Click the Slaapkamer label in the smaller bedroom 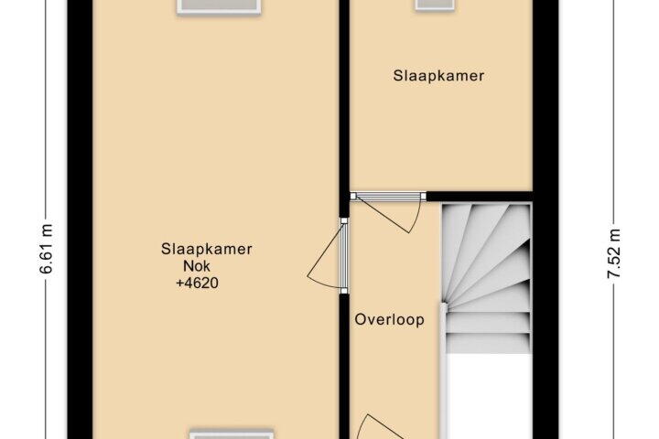point(438,77)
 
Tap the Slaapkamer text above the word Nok point(206,249)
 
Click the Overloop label point(389,321)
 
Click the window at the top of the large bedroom point(219,6)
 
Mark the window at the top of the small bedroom point(434,5)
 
